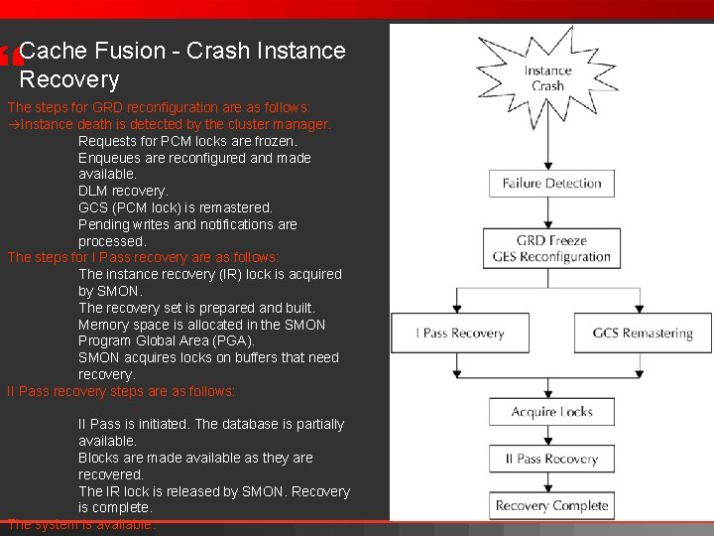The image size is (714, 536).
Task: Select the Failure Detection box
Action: point(551,184)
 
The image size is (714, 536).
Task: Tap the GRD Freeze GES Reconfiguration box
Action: point(551,248)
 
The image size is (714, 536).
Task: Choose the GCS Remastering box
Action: point(643,334)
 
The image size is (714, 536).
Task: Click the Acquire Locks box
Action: point(551,412)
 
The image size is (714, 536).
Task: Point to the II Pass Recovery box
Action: point(551,459)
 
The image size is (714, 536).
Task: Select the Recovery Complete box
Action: point(551,505)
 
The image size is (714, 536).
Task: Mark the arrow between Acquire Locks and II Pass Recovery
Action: point(551,435)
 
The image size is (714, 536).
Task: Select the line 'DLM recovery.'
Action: point(123,191)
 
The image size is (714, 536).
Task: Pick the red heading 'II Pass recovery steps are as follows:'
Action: point(121,391)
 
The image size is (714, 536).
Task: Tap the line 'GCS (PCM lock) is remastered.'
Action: point(175,207)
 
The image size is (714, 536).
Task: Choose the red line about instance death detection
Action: point(170,124)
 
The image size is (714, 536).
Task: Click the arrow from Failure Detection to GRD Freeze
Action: point(551,213)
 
